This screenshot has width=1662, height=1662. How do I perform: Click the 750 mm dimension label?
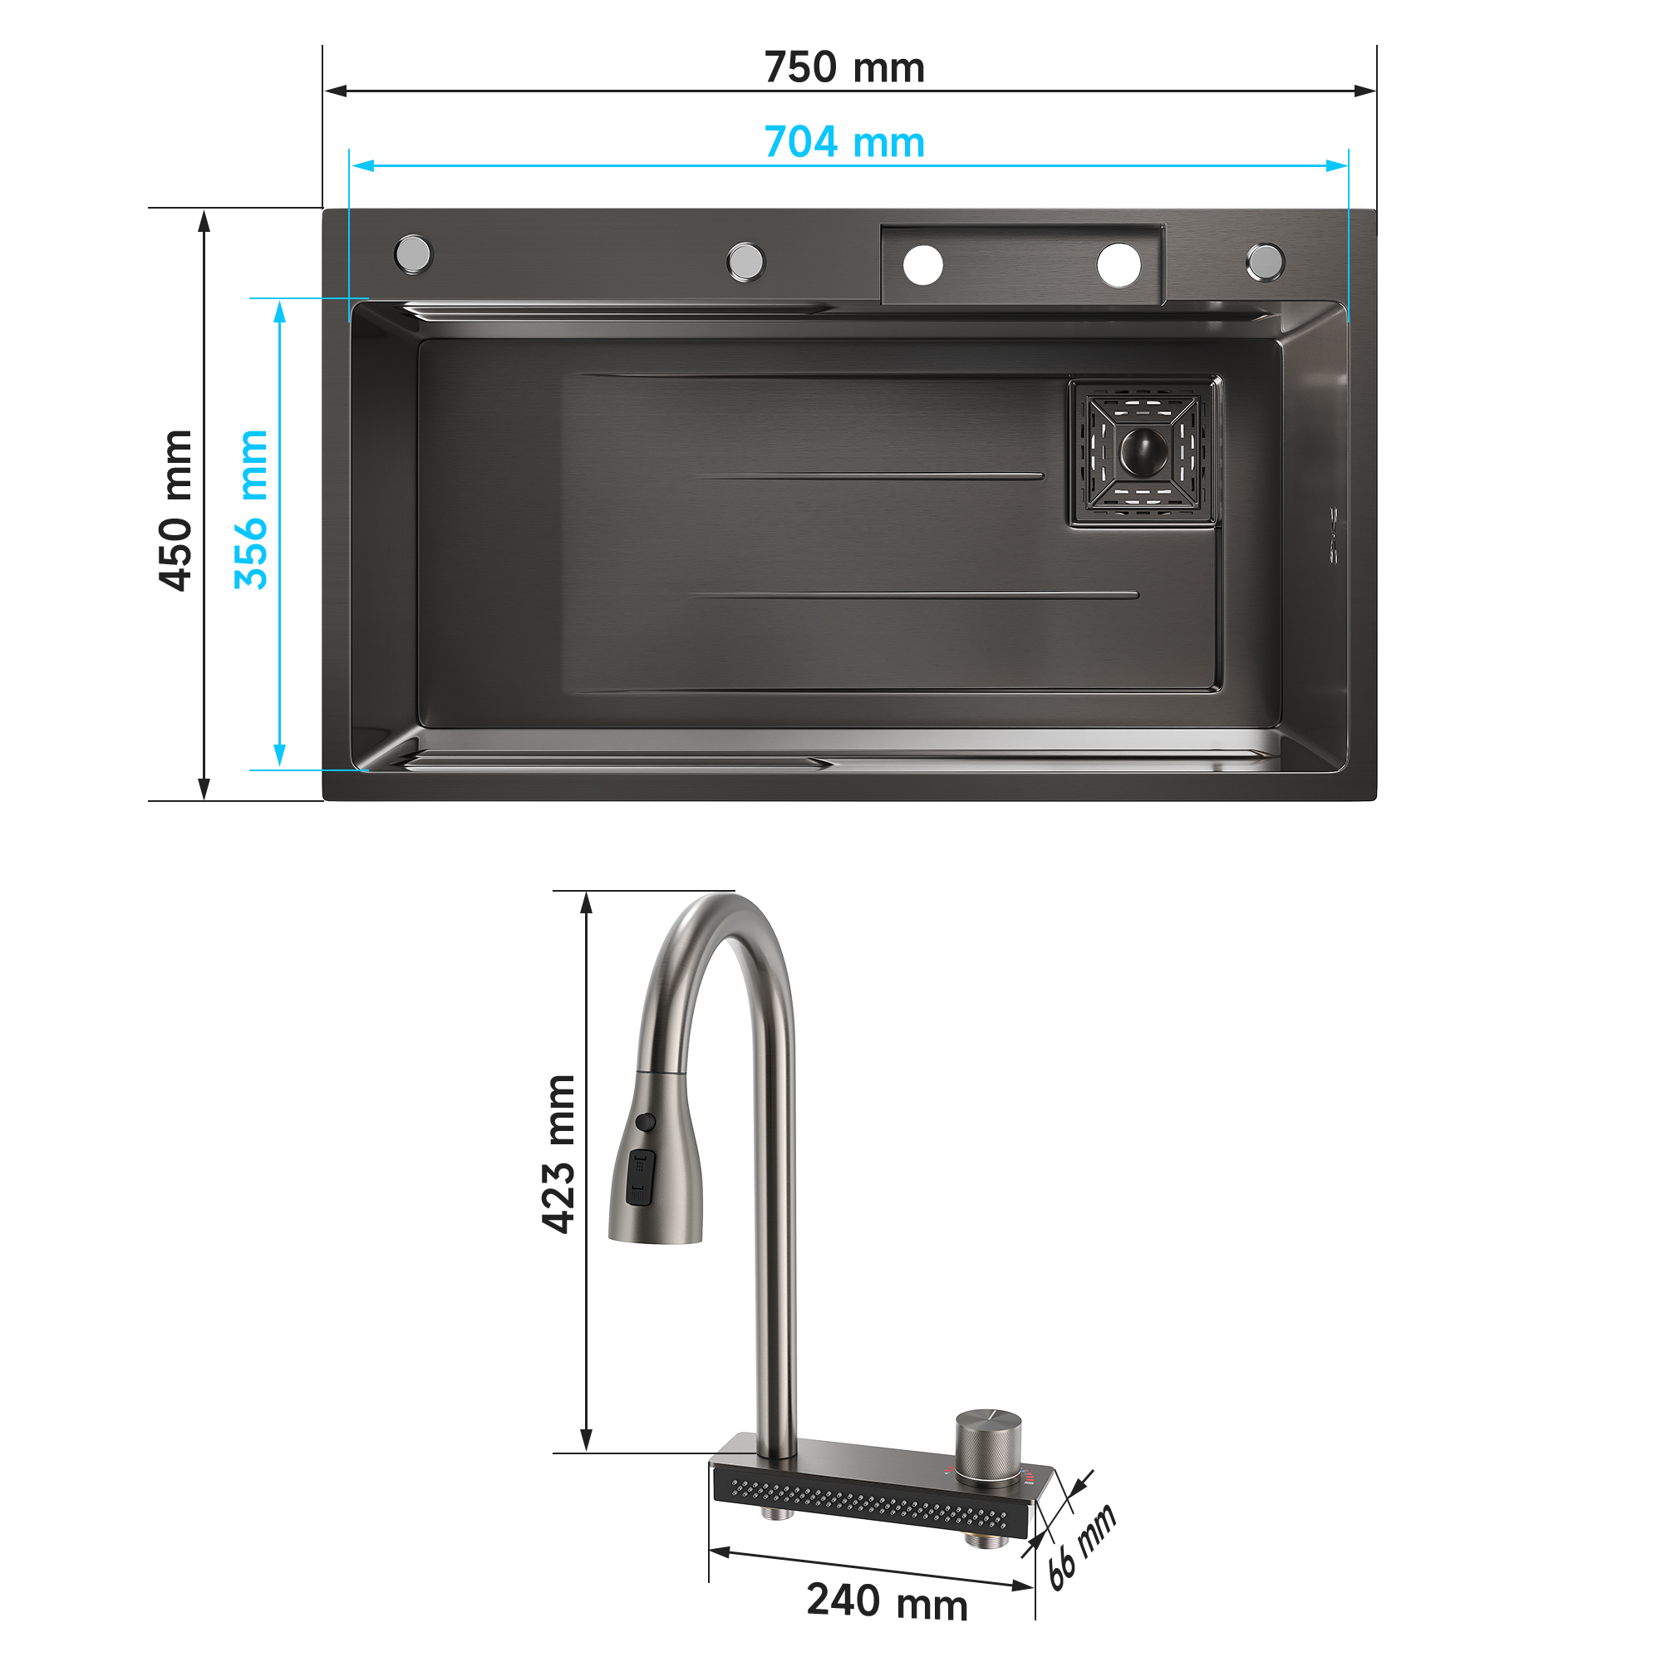coord(844,67)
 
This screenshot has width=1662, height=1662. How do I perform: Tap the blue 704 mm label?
coord(844,142)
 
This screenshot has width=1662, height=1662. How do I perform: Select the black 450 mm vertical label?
coord(176,510)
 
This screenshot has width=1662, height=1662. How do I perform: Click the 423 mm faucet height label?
coord(559,1153)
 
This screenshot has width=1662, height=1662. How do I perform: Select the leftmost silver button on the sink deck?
coord(413,253)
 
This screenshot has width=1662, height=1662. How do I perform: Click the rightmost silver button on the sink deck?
coord(1266,263)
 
